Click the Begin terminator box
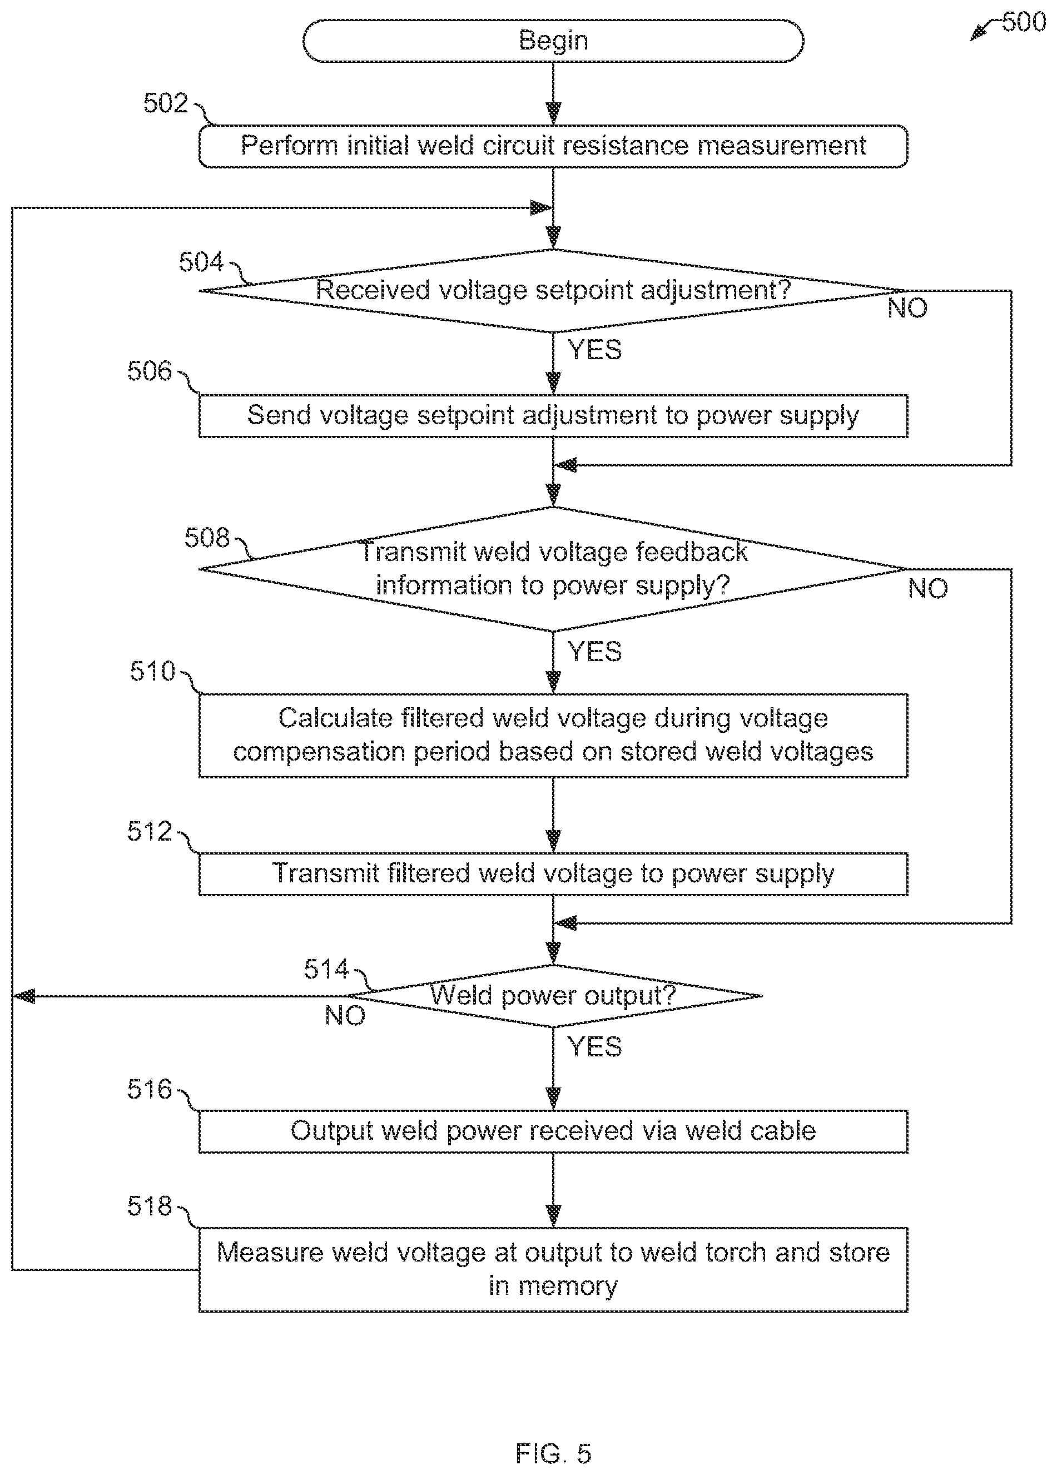point(553,41)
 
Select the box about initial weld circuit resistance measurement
point(553,146)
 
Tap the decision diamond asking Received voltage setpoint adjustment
point(553,291)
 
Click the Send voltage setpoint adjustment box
point(553,415)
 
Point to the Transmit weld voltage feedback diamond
point(553,569)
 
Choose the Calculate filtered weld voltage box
point(553,736)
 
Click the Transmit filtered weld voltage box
point(553,874)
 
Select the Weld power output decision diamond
point(553,996)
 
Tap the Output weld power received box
point(553,1131)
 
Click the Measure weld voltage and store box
point(553,1269)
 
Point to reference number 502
point(165,103)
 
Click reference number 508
point(207,538)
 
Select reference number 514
point(326,970)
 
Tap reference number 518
point(150,1206)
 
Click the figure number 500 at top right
point(1024,22)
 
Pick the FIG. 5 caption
point(554,1453)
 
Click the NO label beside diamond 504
point(907,308)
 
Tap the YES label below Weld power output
point(594,1046)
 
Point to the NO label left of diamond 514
point(345,1016)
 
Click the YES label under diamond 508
point(594,652)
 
